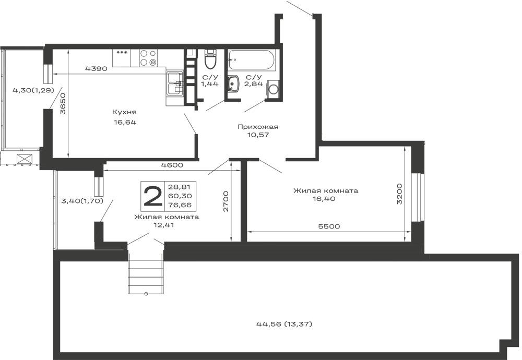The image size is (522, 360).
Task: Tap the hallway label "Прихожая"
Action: pyautogui.click(x=258, y=127)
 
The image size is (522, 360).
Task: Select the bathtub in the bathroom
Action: pyautogui.click(x=252, y=61)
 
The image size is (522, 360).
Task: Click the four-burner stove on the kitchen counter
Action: pyautogui.click(x=148, y=57)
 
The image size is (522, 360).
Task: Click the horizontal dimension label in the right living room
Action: pyautogui.click(x=329, y=226)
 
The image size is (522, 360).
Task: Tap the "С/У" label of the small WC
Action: pyautogui.click(x=209, y=76)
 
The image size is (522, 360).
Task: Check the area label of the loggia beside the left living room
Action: pyautogui.click(x=82, y=200)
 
